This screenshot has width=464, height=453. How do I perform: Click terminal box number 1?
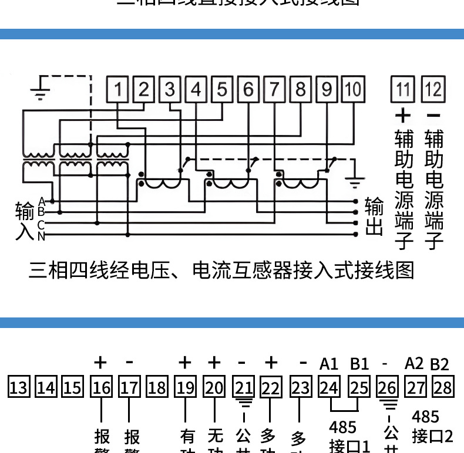coord(117,90)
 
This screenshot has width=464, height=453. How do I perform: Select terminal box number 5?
coord(222,90)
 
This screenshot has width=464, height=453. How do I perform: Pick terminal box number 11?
coord(403,90)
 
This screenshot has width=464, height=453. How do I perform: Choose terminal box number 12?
coord(434,90)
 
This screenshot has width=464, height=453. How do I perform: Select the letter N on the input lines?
coord(41,236)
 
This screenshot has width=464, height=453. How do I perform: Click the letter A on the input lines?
coord(41,201)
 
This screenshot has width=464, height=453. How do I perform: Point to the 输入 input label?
coord(24,221)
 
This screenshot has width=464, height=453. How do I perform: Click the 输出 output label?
coord(374,217)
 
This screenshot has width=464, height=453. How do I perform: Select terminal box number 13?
coord(18,387)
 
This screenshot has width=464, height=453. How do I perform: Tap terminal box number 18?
coord(157,387)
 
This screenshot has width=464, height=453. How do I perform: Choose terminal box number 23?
coord(300,387)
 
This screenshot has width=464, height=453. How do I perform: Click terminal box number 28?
coord(443,387)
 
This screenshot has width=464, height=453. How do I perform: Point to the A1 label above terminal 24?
coord(329,364)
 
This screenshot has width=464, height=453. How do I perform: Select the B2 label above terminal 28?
coord(439,364)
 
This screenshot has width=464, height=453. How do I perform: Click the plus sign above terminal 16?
coord(100,363)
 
